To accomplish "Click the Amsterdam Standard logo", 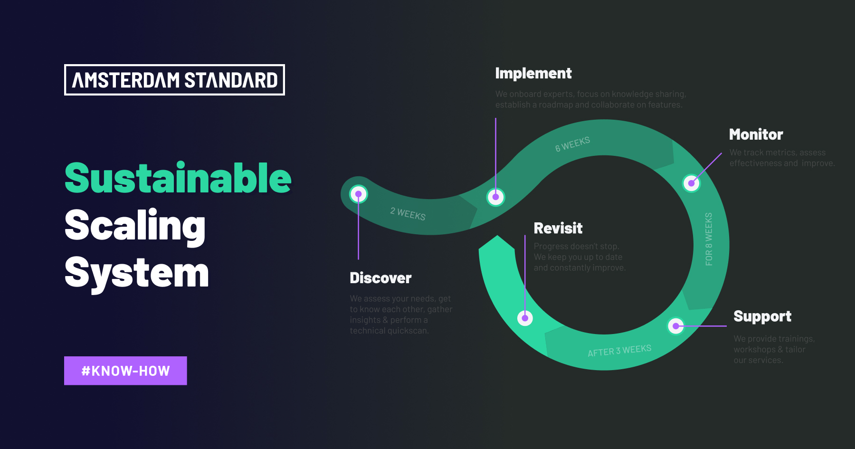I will [174, 80].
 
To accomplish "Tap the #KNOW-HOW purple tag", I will [125, 371].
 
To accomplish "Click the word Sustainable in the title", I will [178, 178].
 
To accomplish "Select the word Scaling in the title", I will [135, 226].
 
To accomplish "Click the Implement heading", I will [533, 73].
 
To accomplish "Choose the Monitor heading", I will [756, 134].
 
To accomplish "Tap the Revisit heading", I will [558, 229].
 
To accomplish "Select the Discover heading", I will [380, 278].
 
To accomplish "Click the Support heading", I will [762, 316].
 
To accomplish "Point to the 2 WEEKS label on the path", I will [408, 214].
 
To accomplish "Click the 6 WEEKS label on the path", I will [572, 144].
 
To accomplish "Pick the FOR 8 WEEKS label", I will [709, 239].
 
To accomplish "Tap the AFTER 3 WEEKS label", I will [619, 351].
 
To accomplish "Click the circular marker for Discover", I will [359, 194].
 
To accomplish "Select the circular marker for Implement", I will [495, 197].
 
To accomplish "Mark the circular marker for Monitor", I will [691, 183].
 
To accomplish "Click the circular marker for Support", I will [675, 326].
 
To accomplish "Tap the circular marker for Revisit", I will [525, 318].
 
